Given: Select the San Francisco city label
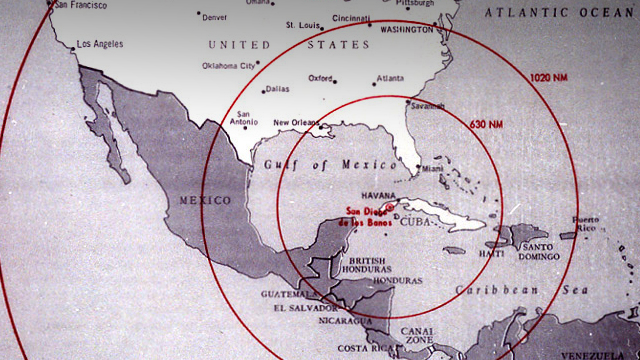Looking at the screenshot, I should [x=82, y=5].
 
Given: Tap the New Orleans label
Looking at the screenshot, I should [x=295, y=123].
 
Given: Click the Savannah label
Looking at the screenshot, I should [x=427, y=106].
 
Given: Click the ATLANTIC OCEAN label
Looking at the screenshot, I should [x=560, y=12].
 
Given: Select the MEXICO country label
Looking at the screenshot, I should [x=203, y=200].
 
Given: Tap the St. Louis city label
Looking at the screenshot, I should [x=303, y=24].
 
